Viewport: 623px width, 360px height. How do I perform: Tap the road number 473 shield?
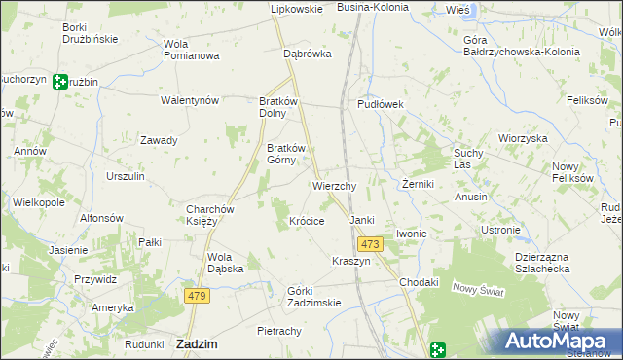(368, 244)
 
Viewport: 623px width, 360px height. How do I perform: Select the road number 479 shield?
(198, 295)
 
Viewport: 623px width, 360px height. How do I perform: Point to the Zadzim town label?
(197, 343)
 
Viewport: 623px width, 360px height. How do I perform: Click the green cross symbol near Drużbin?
(60, 83)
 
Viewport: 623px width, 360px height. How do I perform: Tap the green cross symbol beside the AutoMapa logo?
(439, 349)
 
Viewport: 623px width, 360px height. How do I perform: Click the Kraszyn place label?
(351, 262)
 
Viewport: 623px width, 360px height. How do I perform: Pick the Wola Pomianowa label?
(191, 50)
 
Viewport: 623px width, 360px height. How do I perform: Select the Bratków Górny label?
(286, 155)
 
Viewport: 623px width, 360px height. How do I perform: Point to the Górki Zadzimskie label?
(313, 296)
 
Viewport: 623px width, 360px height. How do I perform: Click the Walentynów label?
(190, 100)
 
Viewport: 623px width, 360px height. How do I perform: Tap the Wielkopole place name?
(38, 202)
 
